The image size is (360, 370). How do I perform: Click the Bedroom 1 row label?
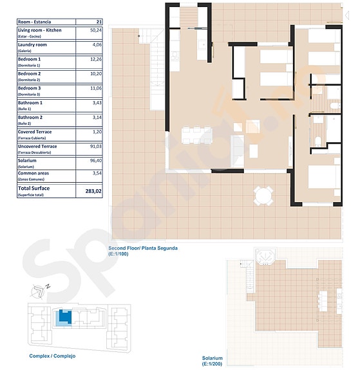coord(30,59)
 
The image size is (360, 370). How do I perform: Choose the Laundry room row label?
coord(32,45)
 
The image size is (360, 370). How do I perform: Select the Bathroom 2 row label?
coord(30,118)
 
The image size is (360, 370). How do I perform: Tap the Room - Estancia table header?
coord(35,21)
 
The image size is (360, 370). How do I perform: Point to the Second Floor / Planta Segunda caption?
coord(143,248)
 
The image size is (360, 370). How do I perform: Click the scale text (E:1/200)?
coord(213,364)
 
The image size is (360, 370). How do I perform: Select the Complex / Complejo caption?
coord(52,356)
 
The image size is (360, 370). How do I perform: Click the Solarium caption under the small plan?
coord(212,358)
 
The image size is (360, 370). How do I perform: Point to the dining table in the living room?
coord(194,135)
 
